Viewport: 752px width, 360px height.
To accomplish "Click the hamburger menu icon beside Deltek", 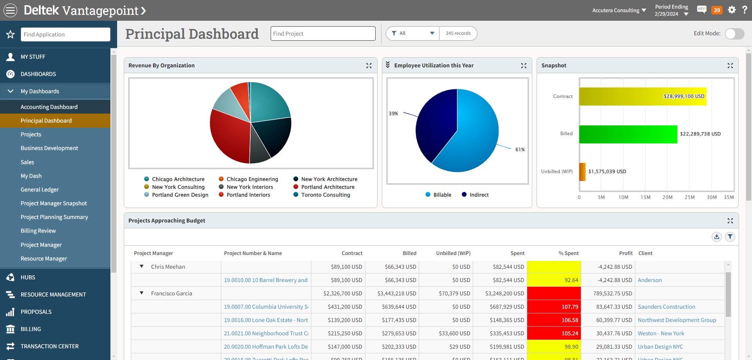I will pyautogui.click(x=11, y=10).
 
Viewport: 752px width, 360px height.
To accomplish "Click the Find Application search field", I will pyautogui.click(x=65, y=34).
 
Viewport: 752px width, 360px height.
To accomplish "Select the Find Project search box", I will pyautogui.click(x=323, y=34).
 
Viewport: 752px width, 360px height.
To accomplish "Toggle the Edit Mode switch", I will pyautogui.click(x=734, y=34).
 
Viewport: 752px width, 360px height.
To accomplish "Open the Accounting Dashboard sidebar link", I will pyautogui.click(x=49, y=107).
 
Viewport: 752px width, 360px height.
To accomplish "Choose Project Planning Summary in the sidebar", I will pyautogui.click(x=54, y=217).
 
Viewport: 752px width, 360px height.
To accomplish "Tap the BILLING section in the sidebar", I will pyautogui.click(x=31, y=329).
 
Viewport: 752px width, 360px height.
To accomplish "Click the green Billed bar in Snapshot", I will pyautogui.click(x=628, y=134).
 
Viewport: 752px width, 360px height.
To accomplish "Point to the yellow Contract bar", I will pyautogui.click(x=642, y=96).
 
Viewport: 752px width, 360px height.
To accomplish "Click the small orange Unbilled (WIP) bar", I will pyautogui.click(x=582, y=172).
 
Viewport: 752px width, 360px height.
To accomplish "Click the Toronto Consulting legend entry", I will pyautogui.click(x=325, y=195).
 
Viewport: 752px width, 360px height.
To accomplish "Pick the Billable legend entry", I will pyautogui.click(x=442, y=195).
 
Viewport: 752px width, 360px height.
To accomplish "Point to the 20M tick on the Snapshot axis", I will pyautogui.click(x=667, y=197).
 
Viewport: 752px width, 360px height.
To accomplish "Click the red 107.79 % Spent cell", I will pyautogui.click(x=554, y=307).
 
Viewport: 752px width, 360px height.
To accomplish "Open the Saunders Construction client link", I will pyautogui.click(x=666, y=307).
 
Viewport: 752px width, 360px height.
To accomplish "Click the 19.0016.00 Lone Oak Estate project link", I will pyautogui.click(x=266, y=320).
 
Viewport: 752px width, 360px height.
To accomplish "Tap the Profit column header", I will pyautogui.click(x=625, y=253).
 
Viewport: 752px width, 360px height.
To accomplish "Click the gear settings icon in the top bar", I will pyautogui.click(x=732, y=10).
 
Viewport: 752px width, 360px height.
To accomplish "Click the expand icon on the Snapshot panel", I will pyautogui.click(x=730, y=66).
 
